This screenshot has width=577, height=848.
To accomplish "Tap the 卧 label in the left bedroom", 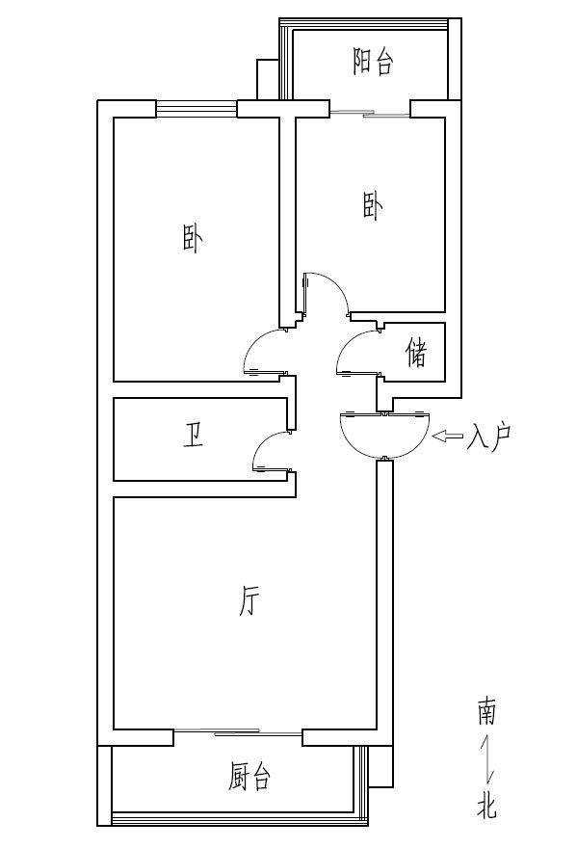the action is coord(192,240).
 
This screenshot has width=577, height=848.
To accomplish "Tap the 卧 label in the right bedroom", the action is coord(373,208).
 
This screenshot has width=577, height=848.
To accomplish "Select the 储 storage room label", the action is coord(417,353).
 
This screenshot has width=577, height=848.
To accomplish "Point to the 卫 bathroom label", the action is coord(193,436).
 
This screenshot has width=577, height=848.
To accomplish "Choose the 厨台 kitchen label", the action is coord(249,777).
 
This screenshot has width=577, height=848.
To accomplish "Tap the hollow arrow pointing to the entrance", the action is coord(448,436).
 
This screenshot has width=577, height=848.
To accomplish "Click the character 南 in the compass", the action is coord(486,712).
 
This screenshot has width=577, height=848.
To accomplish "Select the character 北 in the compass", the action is coord(486,805).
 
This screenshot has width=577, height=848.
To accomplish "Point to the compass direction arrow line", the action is coord(488,758).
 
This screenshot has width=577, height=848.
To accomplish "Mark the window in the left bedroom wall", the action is coord(197,109).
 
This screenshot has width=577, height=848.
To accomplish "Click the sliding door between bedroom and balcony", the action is coord(370,114).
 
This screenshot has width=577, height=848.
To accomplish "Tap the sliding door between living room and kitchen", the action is coord(238,732).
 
